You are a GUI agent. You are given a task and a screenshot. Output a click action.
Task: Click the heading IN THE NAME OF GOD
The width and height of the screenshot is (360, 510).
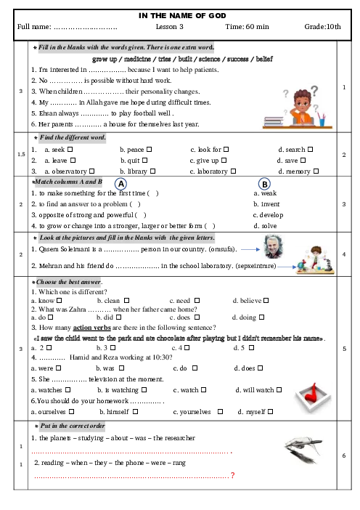tap(182, 15)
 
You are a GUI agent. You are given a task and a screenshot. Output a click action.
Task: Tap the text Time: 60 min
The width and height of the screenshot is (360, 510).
tap(247, 27)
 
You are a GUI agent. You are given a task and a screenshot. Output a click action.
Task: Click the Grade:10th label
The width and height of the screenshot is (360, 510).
tap(323, 27)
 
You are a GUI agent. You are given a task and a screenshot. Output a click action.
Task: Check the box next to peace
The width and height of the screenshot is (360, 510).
tap(149, 149)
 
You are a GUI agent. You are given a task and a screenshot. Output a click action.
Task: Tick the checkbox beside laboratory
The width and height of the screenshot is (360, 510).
tap(233, 171)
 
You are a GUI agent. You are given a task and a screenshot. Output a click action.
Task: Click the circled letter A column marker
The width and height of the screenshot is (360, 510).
tap(121, 184)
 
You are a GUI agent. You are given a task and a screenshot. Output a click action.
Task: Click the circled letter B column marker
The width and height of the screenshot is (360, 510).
tap(264, 184)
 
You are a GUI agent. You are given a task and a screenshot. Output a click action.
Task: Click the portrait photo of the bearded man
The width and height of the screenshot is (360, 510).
tap(273, 247)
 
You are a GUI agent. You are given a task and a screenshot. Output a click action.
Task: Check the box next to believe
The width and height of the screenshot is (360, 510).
tap(266, 301)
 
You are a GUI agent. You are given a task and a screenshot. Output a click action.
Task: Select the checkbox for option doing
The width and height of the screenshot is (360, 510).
tap(261, 317)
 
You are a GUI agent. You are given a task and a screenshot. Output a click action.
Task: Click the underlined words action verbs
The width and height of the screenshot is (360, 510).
tap(92, 328)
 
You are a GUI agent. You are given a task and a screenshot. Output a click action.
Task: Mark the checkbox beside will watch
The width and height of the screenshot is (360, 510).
tap(279, 389)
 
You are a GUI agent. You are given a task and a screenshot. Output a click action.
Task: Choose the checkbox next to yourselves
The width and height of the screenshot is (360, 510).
tap(220, 411)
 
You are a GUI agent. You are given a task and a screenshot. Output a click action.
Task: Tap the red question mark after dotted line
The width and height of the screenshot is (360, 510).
tap(233, 475)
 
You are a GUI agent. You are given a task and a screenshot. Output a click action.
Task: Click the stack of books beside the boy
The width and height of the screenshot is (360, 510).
tap(274, 121)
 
